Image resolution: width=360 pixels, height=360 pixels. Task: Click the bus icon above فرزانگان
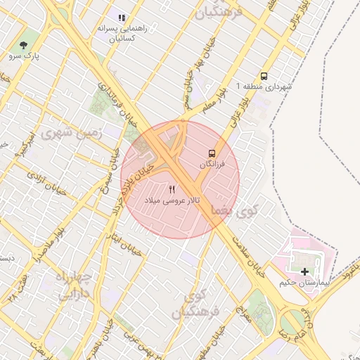coord(211,153)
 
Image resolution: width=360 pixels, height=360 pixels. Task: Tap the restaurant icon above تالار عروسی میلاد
coord(172,190)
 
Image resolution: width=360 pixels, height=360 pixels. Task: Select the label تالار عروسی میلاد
coord(172,200)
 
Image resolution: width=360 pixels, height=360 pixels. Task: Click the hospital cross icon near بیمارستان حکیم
coord(304,271)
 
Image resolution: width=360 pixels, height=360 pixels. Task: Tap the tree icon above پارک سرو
coord(25,44)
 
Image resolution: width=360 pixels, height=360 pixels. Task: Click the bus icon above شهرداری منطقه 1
coord(264,76)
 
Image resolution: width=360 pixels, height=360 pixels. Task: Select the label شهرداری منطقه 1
coord(264,86)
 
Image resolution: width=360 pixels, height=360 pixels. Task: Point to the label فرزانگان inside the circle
coord(211,164)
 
